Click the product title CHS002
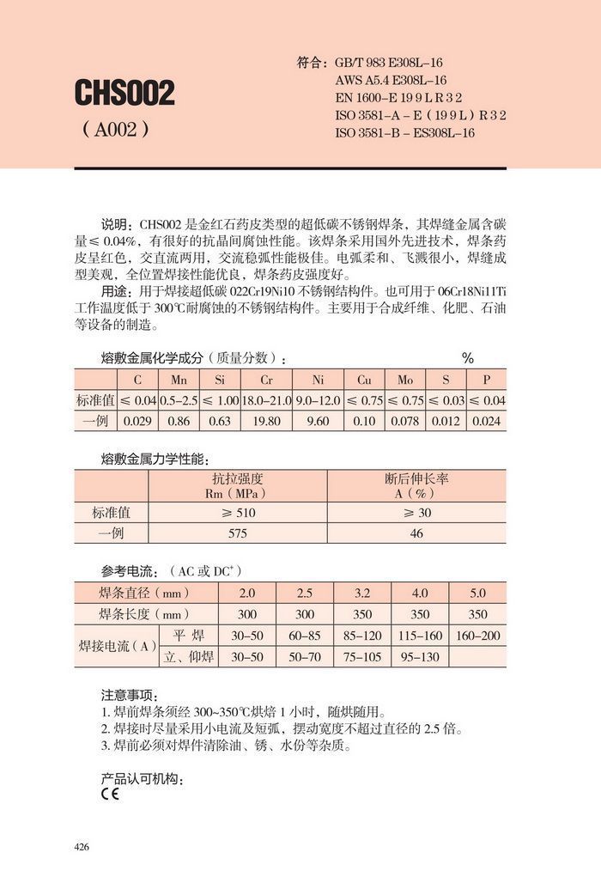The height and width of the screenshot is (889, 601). pyautogui.click(x=124, y=93)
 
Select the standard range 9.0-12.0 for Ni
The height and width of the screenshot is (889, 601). pyautogui.click(x=318, y=400)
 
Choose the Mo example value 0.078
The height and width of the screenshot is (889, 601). pyautogui.click(x=405, y=421)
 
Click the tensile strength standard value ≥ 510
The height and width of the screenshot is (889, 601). pyautogui.click(x=238, y=513)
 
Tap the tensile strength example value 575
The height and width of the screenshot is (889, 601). pyautogui.click(x=238, y=533)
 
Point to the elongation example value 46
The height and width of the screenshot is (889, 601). pyautogui.click(x=416, y=533)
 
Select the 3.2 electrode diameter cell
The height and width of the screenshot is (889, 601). pyautogui.click(x=362, y=593)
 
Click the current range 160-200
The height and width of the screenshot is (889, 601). pyautogui.click(x=477, y=636)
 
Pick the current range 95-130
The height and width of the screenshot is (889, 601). pyautogui.click(x=420, y=657)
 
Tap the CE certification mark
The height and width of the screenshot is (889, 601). pyautogui.click(x=110, y=794)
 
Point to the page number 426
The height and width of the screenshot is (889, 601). pyautogui.click(x=82, y=847)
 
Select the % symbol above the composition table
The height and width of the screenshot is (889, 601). pyautogui.click(x=468, y=358)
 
